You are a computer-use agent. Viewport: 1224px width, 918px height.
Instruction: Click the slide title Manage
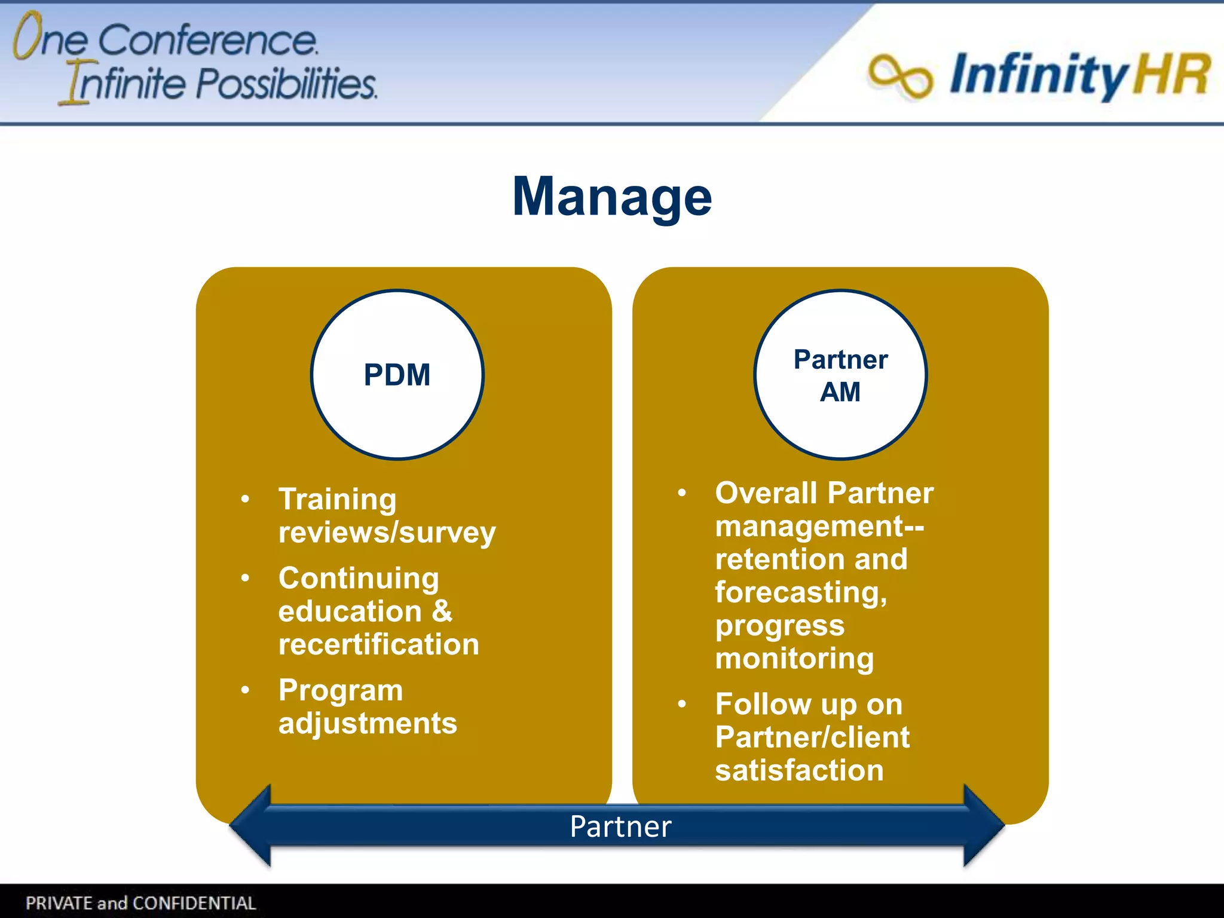point(612,197)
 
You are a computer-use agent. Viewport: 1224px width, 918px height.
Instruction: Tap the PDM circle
point(397,375)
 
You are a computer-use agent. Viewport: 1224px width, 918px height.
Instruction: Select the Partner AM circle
point(840,375)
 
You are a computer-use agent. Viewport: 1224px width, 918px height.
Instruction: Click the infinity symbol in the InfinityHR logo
point(900,76)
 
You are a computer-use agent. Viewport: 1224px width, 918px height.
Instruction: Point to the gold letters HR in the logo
point(1171,75)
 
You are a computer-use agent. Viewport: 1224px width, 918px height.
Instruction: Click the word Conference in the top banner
point(207,41)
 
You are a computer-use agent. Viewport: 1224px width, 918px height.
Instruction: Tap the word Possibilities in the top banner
point(286,83)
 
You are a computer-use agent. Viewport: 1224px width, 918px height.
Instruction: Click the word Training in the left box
point(338,500)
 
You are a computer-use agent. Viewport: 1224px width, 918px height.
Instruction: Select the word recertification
point(379,644)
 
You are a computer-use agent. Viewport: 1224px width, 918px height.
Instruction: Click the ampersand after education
point(442,611)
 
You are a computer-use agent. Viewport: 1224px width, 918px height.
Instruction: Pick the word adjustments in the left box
point(368,723)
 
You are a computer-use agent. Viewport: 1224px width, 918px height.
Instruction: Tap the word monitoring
point(794,659)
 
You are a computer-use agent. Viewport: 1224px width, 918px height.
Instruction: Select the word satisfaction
point(799,770)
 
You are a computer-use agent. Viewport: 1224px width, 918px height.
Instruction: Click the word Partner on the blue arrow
point(620,827)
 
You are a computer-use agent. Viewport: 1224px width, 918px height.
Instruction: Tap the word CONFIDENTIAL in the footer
point(194,902)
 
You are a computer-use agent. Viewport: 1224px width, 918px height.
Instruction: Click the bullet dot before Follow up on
point(682,703)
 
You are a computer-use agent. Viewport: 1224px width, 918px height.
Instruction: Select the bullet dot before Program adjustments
point(245,690)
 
